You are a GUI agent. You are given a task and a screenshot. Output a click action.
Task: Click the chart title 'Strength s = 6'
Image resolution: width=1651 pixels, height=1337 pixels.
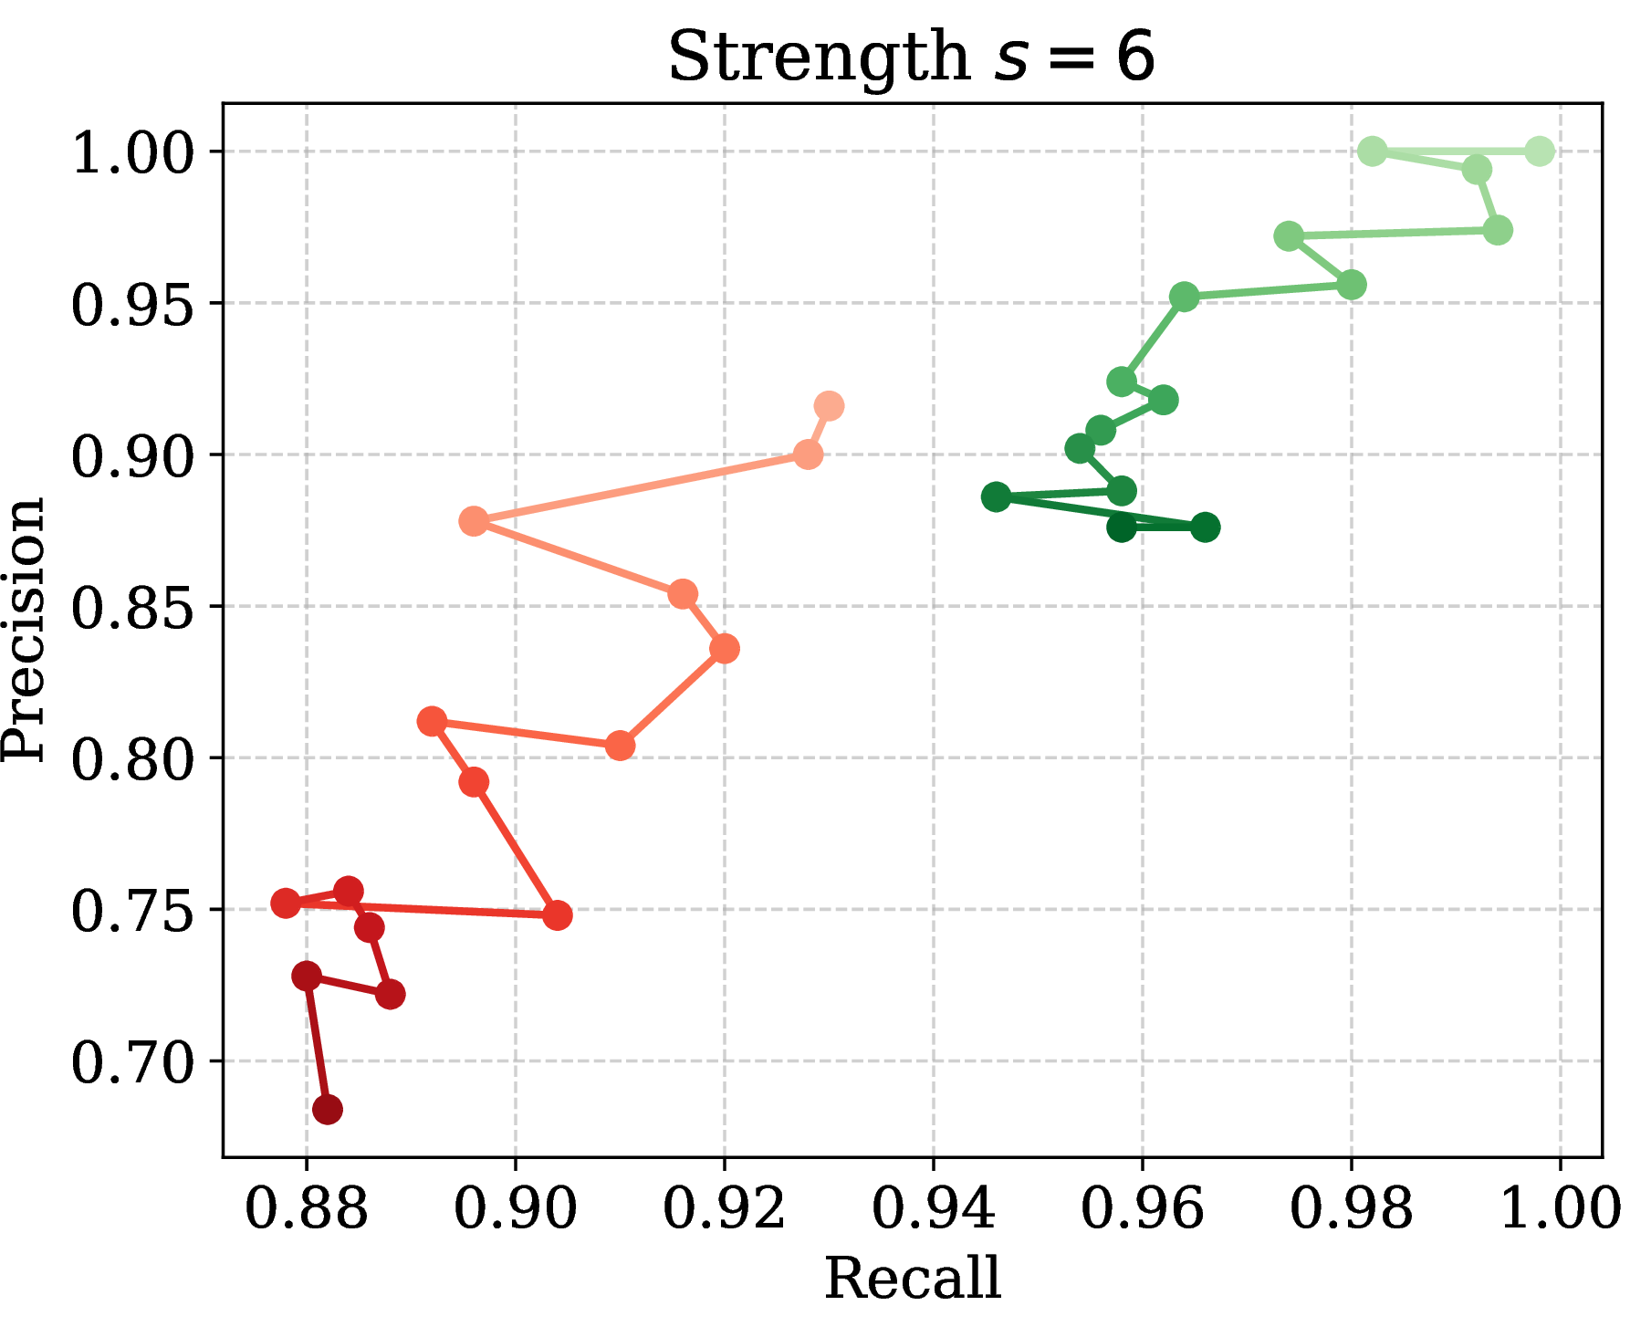click(912, 57)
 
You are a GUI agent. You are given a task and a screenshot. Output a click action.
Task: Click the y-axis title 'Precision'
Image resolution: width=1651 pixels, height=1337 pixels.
click(24, 629)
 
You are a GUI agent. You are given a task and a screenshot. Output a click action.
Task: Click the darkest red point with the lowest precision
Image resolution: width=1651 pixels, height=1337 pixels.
click(327, 1110)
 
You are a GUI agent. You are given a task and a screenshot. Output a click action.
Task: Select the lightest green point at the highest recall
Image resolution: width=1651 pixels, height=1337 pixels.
click(1540, 151)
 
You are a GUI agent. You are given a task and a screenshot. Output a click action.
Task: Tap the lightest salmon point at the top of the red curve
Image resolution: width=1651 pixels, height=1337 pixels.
click(829, 406)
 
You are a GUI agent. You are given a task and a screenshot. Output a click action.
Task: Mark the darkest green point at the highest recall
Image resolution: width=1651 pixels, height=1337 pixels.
click(1205, 527)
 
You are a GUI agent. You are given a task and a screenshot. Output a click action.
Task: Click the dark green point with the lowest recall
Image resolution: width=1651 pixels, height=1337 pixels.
click(996, 497)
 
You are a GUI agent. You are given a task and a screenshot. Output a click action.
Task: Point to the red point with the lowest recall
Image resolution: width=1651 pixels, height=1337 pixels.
click(286, 904)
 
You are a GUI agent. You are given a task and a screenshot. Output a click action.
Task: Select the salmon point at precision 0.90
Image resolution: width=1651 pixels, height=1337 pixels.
click(808, 454)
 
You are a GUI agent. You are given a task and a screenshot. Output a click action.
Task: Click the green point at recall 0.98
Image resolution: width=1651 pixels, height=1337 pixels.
click(1352, 285)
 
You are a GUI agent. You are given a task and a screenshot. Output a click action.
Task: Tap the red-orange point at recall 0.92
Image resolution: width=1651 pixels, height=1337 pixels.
click(724, 649)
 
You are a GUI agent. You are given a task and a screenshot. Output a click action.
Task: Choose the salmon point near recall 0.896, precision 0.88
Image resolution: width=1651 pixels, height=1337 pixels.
click(474, 521)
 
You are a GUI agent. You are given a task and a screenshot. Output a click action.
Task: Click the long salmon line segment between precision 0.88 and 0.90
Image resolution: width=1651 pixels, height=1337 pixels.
click(641, 488)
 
